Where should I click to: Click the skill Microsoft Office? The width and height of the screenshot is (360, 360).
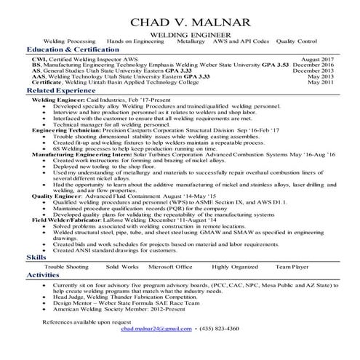point(169,267)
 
